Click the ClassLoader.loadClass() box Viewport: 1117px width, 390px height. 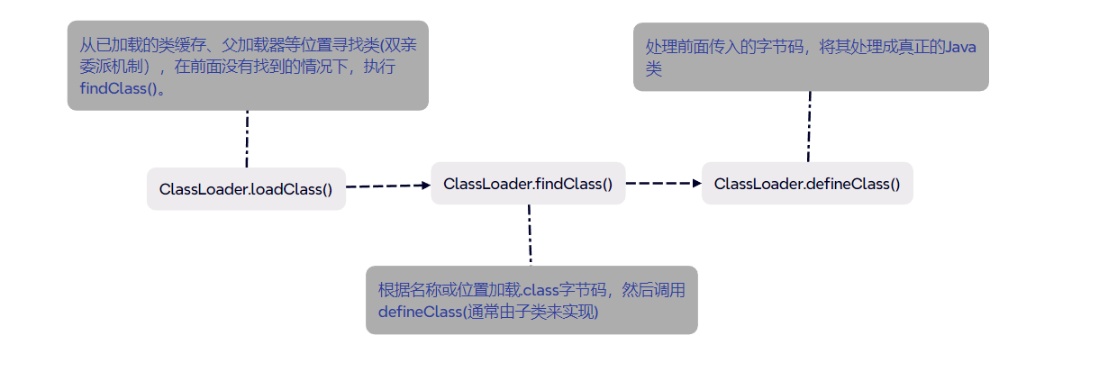click(246, 189)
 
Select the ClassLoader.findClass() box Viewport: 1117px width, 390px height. click(528, 184)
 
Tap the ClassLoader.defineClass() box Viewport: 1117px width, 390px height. click(807, 184)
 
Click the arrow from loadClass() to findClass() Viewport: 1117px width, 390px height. click(388, 186)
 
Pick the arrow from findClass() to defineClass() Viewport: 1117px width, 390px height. click(663, 183)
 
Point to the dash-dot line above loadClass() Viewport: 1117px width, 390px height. click(246, 139)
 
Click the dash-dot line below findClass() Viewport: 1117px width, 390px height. click(530, 234)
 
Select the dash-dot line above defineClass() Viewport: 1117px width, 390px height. click(809, 126)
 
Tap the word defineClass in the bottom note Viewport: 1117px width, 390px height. click(419, 312)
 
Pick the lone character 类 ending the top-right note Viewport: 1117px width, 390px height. click(653, 68)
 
